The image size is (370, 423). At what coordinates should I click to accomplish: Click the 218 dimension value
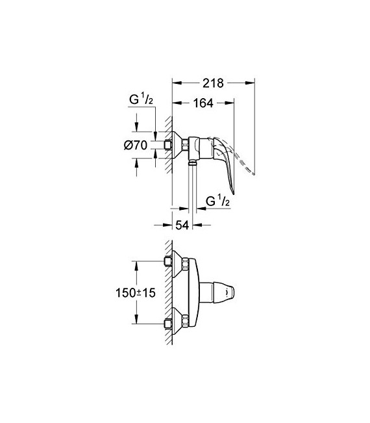(212, 83)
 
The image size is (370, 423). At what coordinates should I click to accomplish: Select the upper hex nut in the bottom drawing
(184, 263)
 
